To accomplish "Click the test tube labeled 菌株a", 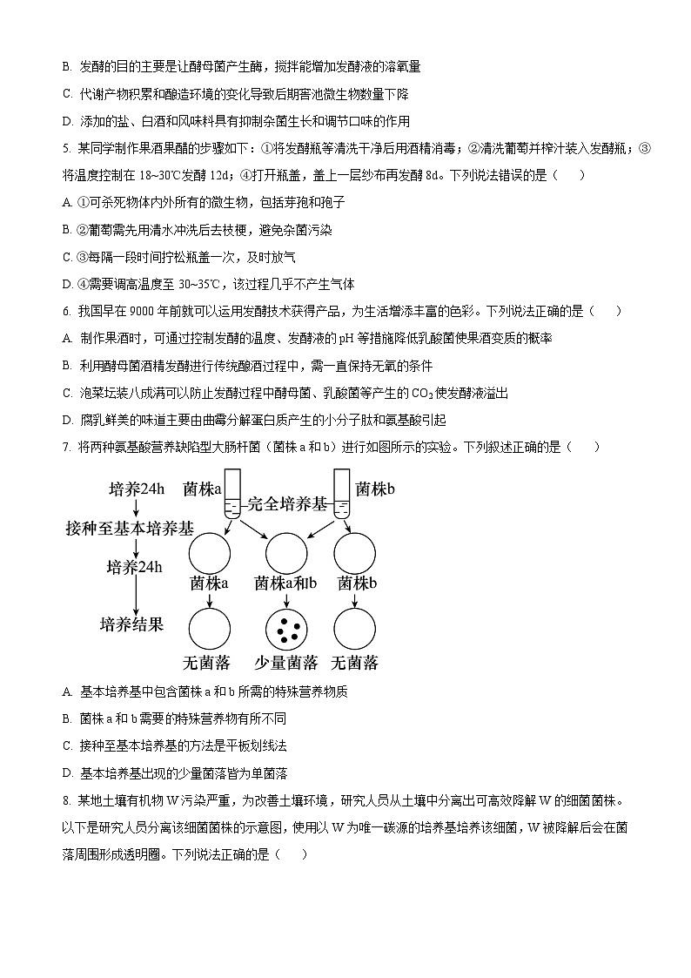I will pyautogui.click(x=232, y=496).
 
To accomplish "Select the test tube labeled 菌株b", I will pyautogui.click(x=341, y=496).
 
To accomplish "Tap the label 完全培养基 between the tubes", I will pyautogui.click(x=287, y=502).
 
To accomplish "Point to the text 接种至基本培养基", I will pyautogui.click(x=130, y=529).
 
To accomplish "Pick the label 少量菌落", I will pyautogui.click(x=285, y=663).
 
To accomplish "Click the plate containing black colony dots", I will pyautogui.click(x=286, y=628).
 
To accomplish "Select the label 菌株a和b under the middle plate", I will pyautogui.click(x=285, y=583).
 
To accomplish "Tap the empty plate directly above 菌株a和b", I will pyautogui.click(x=286, y=552).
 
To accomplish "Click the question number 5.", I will pyautogui.click(x=67, y=148).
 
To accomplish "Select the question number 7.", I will pyautogui.click(x=67, y=447).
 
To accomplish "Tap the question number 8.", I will pyautogui.click(x=67, y=800).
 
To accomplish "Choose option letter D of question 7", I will pyautogui.click(x=68, y=773).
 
